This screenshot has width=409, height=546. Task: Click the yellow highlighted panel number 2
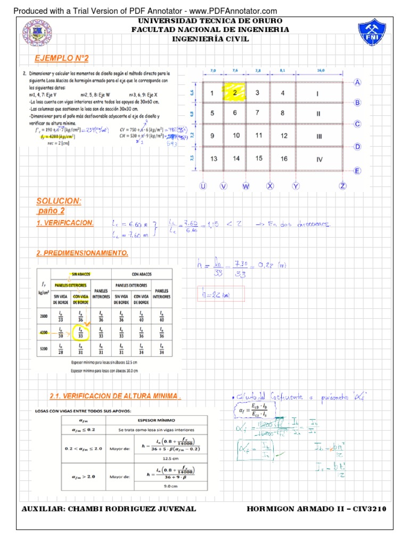(234, 93)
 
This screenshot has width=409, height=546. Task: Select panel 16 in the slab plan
(284, 159)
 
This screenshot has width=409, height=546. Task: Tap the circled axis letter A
(357, 83)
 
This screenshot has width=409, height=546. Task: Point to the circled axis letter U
(203, 186)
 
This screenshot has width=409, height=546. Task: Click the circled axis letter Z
(343, 186)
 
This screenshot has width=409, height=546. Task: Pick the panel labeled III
(319, 136)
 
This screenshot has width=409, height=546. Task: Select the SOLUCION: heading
(59, 200)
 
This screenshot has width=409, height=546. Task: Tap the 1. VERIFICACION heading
(65, 223)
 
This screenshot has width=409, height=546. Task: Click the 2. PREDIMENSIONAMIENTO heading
(82, 253)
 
